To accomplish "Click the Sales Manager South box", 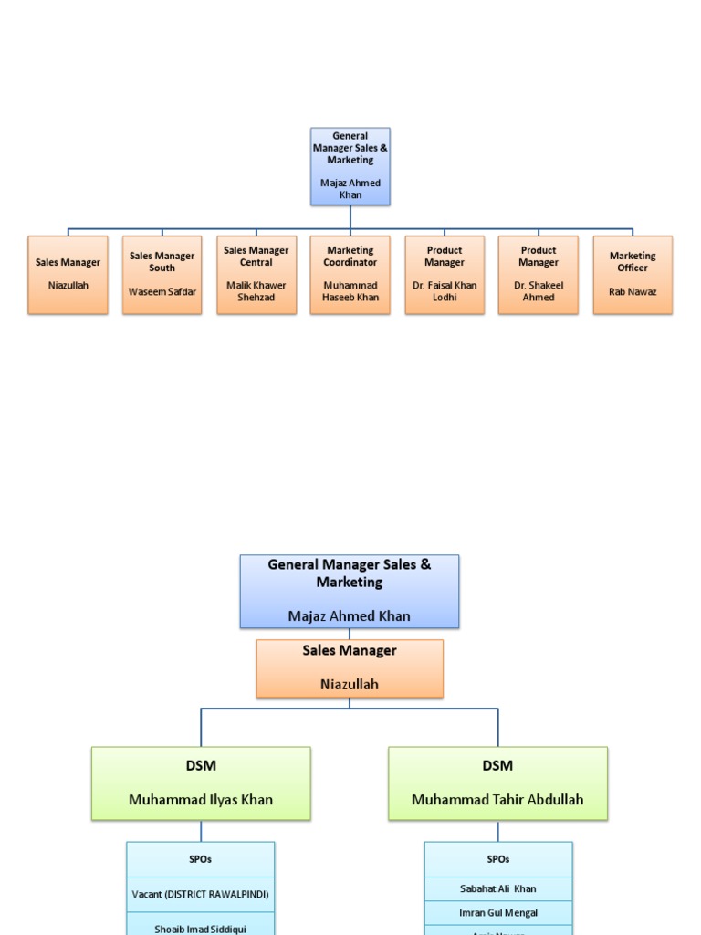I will tap(162, 275).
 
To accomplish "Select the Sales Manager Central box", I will tap(256, 275).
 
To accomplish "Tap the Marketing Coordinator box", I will tap(350, 275).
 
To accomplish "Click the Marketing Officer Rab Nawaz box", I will tap(633, 275).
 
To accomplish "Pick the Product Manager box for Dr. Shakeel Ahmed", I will tap(538, 275).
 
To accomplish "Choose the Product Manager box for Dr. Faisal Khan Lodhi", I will tap(445, 275).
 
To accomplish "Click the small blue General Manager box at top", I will tap(350, 165).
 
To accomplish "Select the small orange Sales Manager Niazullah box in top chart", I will tap(68, 275).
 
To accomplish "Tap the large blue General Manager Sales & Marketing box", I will tap(350, 591).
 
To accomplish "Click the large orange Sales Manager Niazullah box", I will tap(350, 668).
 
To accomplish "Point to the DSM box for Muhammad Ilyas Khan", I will tap(201, 783).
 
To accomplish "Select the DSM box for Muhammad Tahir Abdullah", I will tap(497, 783).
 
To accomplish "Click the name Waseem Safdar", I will tap(162, 292).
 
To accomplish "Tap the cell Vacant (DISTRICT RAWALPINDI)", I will tap(200, 894).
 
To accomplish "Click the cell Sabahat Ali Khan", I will tap(498, 888).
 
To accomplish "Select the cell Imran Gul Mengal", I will tap(498, 912).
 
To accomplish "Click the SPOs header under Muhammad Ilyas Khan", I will tap(200, 859).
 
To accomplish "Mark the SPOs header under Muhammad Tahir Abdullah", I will tap(498, 859).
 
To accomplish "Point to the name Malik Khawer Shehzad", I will tap(256, 291).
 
